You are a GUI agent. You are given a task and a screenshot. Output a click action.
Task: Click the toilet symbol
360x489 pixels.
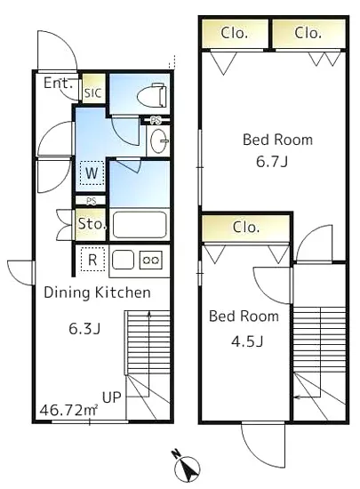pyautogui.click(x=152, y=95)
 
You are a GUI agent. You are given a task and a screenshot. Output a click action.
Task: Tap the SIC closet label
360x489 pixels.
pyautogui.click(x=92, y=93)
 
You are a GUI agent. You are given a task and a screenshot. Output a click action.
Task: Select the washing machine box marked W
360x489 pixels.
pyautogui.click(x=91, y=172)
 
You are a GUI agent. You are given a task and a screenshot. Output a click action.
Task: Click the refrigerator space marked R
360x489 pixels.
pyautogui.click(x=92, y=259)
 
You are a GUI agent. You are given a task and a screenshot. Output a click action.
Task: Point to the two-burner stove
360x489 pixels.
pyautogui.click(x=151, y=260)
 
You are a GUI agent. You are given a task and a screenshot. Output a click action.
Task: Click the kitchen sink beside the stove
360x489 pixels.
pyautogui.click(x=123, y=260)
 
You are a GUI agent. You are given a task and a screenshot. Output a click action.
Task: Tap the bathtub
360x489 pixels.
pyautogui.click(x=140, y=225)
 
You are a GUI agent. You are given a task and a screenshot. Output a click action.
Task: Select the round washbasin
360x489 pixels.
pyautogui.click(x=159, y=141)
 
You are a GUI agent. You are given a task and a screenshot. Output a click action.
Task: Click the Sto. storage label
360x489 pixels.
pyautogui.click(x=92, y=223)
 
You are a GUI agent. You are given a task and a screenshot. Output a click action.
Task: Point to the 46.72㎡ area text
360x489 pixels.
pyautogui.click(x=68, y=410)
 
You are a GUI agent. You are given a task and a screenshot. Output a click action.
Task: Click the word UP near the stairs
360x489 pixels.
pyautogui.click(x=112, y=397)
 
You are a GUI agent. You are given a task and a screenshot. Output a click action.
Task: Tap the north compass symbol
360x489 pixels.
pyautogui.click(x=186, y=467)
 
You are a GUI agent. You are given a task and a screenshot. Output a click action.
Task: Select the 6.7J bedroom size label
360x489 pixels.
pyautogui.click(x=271, y=162)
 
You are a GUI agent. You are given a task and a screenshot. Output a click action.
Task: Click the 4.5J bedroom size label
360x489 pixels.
pyautogui.click(x=247, y=341)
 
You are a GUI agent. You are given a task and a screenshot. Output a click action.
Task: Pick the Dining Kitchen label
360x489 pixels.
pyautogui.click(x=97, y=293)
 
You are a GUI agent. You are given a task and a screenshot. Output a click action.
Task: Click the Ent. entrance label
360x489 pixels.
pyautogui.click(x=59, y=83)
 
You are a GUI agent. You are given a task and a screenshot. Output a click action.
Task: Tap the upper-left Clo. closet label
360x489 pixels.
pyautogui.click(x=235, y=33)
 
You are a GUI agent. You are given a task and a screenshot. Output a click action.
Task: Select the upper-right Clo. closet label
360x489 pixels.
pyautogui.click(x=308, y=33)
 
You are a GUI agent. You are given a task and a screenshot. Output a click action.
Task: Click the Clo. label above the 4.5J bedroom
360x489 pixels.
pyautogui.click(x=246, y=228)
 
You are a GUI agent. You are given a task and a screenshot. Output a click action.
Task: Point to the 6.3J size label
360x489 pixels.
pyautogui.click(x=84, y=328)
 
